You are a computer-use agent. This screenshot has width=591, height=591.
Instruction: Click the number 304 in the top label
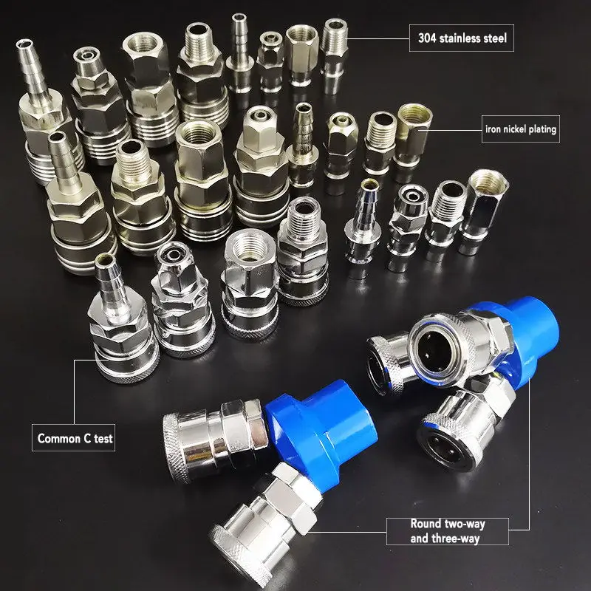pyautogui.click(x=426, y=38)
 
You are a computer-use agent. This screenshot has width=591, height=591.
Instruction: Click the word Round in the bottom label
pyautogui.click(x=426, y=524)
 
